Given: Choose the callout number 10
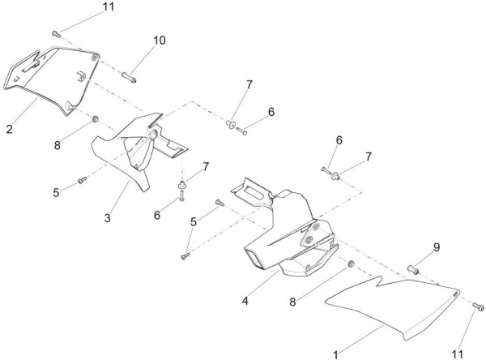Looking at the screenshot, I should (158, 40).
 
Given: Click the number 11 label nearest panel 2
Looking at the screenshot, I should (109, 7).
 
